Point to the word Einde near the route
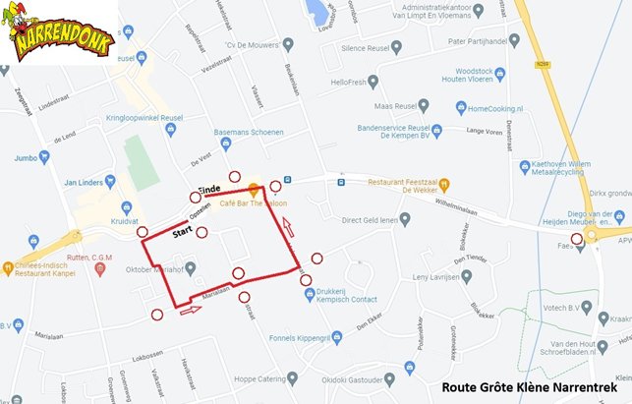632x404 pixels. tap(209, 188)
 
